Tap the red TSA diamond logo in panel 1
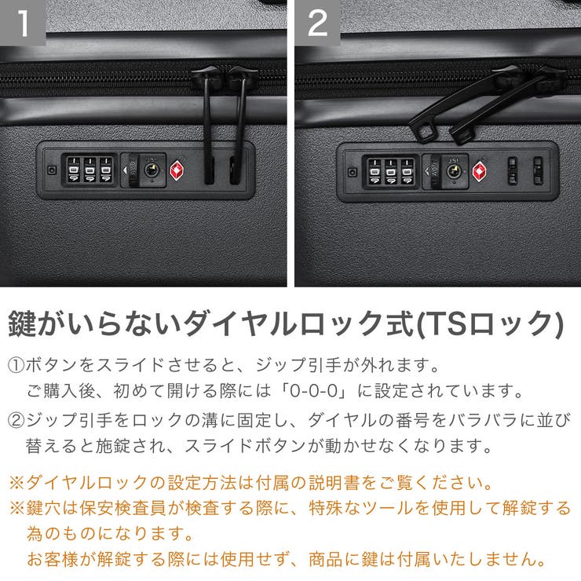[177, 170]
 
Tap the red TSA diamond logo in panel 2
[479, 170]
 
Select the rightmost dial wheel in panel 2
[407, 170]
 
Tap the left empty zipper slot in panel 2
[513, 170]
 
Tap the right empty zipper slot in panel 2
[538, 170]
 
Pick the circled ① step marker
[16, 366]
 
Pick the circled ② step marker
[16, 421]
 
